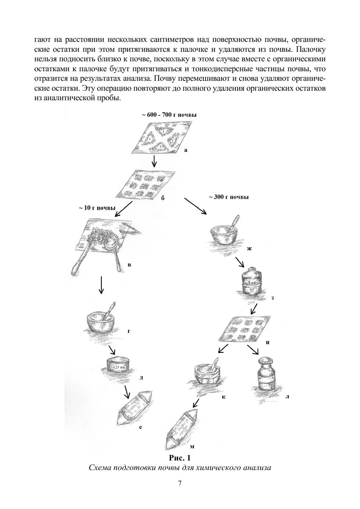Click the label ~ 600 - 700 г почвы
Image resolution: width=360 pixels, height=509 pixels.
tap(169, 115)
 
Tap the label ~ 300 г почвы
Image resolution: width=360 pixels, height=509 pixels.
tap(229, 197)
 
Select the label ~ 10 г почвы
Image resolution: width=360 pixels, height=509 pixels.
tap(97, 208)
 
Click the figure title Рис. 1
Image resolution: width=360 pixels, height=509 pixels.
tap(180, 458)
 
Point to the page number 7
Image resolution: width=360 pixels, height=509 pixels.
tap(180, 483)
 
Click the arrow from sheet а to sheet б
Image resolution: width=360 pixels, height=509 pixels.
tap(154, 160)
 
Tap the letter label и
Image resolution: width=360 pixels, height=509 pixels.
tap(268, 342)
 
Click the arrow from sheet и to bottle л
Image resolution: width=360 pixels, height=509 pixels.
tap(253, 350)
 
